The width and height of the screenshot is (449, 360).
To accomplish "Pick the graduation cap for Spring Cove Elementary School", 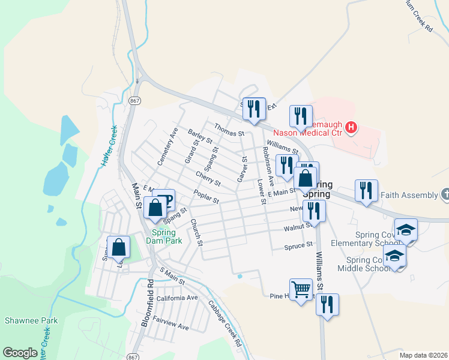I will coord(406,231).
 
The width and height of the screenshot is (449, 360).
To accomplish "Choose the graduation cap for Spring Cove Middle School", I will coord(395,256).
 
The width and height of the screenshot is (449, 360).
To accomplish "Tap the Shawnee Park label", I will coord(31,320).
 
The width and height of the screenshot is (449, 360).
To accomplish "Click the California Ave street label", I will coord(176,298).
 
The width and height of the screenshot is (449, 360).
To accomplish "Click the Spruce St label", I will coord(299,245).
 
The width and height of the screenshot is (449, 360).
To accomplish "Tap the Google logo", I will coord(20,353).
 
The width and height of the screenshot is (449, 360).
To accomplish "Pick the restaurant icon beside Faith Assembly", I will coord(366,191).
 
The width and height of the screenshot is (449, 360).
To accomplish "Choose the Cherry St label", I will coord(208,178).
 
